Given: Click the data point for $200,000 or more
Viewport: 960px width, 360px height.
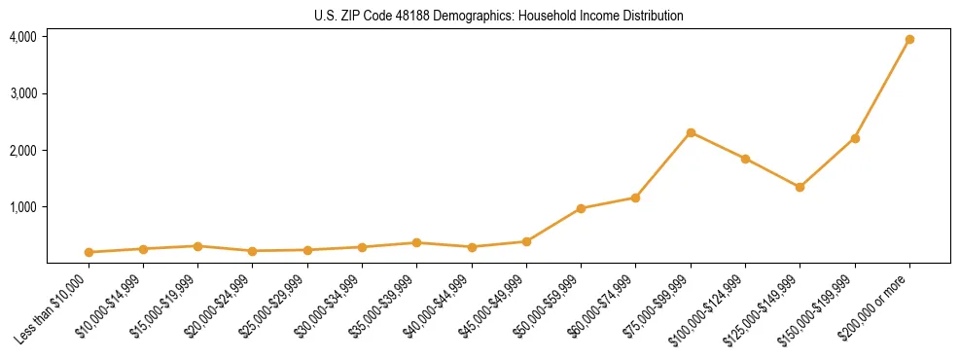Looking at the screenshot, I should click(909, 40).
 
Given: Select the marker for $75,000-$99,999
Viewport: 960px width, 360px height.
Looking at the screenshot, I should click(691, 132).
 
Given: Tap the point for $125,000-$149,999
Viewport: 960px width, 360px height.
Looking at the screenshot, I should click(800, 187).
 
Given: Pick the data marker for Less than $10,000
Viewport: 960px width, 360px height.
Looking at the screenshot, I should click(89, 252).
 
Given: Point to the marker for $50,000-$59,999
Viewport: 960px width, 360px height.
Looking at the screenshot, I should click(581, 208).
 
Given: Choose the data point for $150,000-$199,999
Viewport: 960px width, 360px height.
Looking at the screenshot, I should click(855, 138).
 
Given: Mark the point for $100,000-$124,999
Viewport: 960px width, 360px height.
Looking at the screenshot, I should click(745, 159).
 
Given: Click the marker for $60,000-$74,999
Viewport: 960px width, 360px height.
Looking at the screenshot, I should click(635, 198).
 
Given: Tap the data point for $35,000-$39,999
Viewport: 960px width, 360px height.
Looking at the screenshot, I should click(416, 242).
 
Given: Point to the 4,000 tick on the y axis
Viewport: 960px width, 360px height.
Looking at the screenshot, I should click(23, 37).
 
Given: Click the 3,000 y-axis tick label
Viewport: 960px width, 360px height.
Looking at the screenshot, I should click(23, 93).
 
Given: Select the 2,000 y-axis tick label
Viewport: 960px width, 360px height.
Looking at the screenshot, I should click(23, 151).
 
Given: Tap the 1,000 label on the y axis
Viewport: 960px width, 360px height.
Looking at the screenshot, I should click(23, 207).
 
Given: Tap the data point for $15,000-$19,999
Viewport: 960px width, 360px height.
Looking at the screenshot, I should click(197, 246).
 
